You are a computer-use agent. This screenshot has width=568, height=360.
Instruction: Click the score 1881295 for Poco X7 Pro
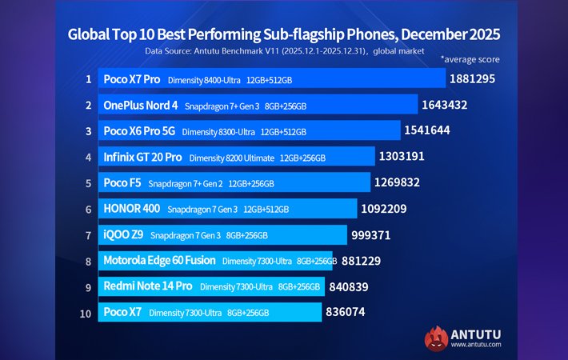[478, 79]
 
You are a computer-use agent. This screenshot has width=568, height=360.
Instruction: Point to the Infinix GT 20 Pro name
[143, 157]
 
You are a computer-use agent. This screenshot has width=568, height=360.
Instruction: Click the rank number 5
[89, 182]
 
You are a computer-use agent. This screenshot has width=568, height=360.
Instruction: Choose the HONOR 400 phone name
[131, 209]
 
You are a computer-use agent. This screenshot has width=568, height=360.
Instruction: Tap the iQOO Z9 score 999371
[376, 234]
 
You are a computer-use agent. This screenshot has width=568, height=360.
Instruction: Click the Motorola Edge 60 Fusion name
[160, 260]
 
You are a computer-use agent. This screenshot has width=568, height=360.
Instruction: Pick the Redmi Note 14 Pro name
[147, 286]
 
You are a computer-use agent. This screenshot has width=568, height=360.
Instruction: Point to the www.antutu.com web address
[477, 346]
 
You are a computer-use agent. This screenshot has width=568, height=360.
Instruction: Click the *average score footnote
[470, 59]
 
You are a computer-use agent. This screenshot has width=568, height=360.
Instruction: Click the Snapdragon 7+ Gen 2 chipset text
[186, 183]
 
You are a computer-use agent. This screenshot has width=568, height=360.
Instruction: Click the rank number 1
[89, 79]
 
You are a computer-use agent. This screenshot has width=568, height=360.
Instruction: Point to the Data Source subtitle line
[283, 50]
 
